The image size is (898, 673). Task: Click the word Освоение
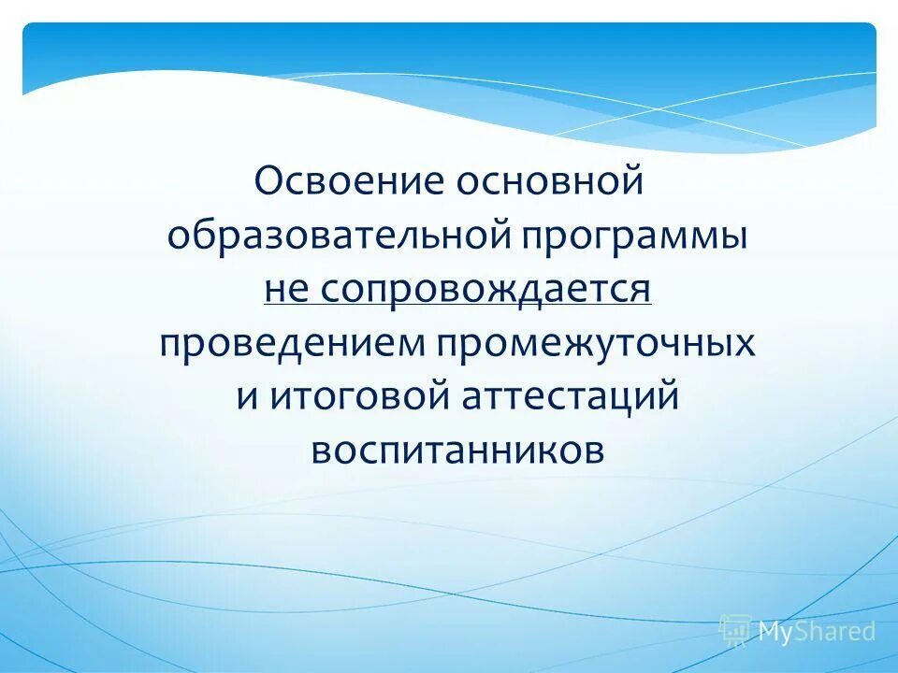pos(347,180)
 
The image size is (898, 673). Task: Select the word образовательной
pos(336,235)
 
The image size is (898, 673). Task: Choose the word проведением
pos(289,343)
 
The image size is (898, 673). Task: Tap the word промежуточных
pos(592,343)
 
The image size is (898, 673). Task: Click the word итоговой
pos(362,397)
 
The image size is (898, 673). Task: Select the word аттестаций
pos(568,397)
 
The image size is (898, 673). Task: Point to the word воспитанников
pos(457,451)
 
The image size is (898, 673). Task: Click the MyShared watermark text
pos(817,632)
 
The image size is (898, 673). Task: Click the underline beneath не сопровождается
pos(457,306)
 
